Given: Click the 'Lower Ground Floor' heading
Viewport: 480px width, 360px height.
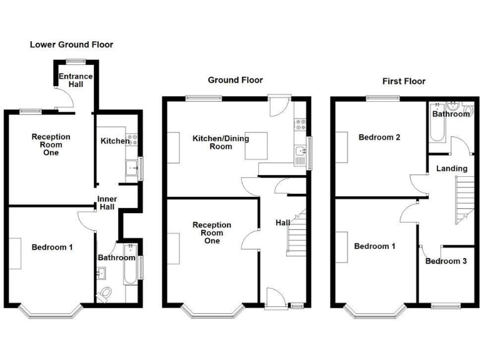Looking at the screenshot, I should (72, 45).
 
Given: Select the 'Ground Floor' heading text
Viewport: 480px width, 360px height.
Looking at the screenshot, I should (236, 80).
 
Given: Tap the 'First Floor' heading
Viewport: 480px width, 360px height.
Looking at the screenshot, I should (404, 81).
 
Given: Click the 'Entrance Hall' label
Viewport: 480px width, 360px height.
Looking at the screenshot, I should (76, 81).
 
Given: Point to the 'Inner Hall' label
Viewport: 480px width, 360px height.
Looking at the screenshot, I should (106, 203).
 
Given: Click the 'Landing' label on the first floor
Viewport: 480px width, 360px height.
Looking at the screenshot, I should (451, 169).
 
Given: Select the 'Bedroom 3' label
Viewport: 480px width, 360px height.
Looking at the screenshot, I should (446, 261).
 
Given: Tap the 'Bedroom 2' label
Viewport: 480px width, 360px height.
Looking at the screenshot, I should (379, 137).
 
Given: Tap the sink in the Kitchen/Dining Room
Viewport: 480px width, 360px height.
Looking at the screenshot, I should (301, 151).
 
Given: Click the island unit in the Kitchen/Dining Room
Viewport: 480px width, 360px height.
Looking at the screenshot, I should (257, 146).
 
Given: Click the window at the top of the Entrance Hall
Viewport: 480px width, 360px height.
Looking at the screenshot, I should (76, 61).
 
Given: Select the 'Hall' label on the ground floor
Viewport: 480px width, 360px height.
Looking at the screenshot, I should (282, 222).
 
